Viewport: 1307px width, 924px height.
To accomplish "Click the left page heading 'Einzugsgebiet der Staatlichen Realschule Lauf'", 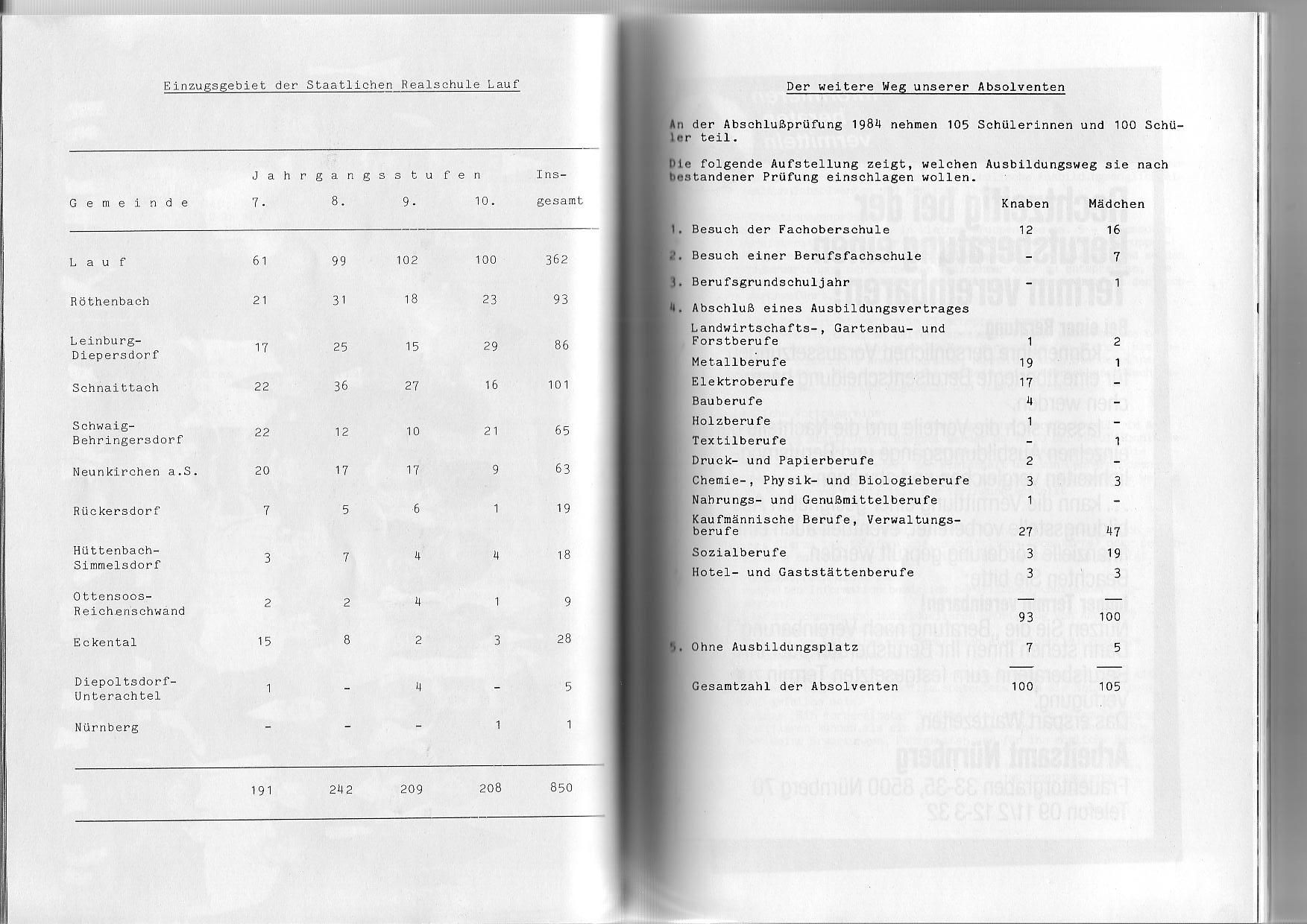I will point(341,84).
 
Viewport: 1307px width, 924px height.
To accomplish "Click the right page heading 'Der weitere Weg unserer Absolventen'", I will point(925,87).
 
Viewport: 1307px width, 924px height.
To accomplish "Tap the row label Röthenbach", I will point(110,301).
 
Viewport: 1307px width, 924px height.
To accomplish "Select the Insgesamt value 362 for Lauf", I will point(556,259).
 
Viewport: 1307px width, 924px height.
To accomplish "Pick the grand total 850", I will point(561,788).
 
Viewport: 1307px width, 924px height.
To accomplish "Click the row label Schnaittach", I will point(116,387).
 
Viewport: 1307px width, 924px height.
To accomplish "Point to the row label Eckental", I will point(105,642).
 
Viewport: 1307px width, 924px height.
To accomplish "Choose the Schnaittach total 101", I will point(558,385).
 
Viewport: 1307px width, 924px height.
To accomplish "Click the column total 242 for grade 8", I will point(341,789).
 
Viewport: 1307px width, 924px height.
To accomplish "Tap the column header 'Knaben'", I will point(1024,203).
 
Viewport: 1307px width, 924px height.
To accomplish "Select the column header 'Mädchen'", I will point(1116,203).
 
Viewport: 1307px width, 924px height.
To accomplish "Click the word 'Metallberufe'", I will point(738,362).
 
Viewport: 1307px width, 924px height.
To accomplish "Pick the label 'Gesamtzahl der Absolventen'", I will point(795,686).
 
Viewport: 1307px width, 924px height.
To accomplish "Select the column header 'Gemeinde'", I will point(129,203).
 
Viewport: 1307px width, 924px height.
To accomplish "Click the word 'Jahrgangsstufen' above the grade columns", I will point(366,176).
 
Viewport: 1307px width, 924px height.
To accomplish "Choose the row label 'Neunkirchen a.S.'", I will point(135,472).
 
